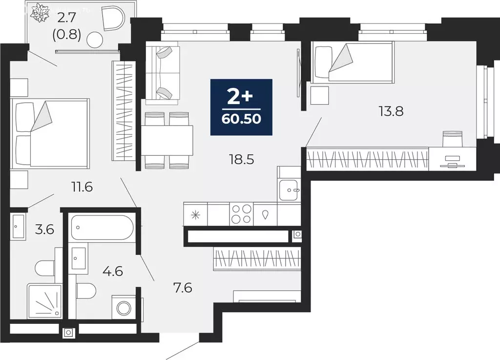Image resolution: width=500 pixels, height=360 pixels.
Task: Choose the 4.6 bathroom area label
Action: (x=112, y=270)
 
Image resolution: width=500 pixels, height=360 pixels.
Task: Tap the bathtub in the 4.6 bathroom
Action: (x=102, y=227)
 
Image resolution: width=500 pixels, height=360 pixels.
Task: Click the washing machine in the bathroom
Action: (x=124, y=308)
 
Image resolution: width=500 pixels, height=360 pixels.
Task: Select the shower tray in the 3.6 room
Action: (x=44, y=301)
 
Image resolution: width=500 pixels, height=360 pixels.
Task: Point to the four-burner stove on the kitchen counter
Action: (x=241, y=214)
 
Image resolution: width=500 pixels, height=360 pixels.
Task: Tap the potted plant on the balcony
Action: (x=39, y=13)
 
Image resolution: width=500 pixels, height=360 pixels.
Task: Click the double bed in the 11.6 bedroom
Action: (x=50, y=132)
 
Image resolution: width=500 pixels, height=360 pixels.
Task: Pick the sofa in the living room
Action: (x=162, y=73)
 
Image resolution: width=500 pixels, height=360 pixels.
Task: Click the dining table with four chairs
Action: (x=168, y=140)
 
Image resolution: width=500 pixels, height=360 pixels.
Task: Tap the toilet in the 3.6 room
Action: (x=45, y=268)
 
